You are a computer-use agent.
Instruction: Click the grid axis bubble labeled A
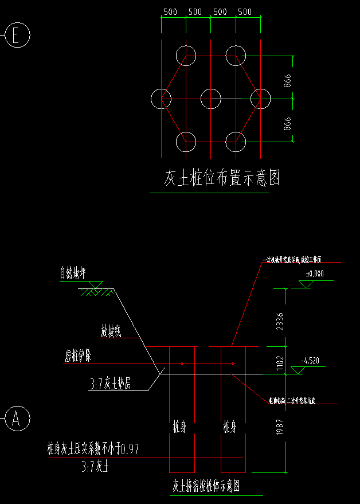tap(17, 418)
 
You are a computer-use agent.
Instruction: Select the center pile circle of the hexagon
tap(211, 99)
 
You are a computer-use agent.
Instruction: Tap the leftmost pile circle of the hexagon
tap(161, 99)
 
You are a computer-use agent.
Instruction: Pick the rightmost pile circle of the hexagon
tap(260, 99)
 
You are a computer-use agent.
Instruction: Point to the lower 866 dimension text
tap(287, 124)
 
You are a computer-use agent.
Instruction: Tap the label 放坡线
tap(111, 331)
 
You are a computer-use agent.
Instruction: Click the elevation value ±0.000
tap(314, 274)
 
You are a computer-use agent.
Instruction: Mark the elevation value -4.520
tap(310, 361)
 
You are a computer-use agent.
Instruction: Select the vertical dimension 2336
tap(280, 318)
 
